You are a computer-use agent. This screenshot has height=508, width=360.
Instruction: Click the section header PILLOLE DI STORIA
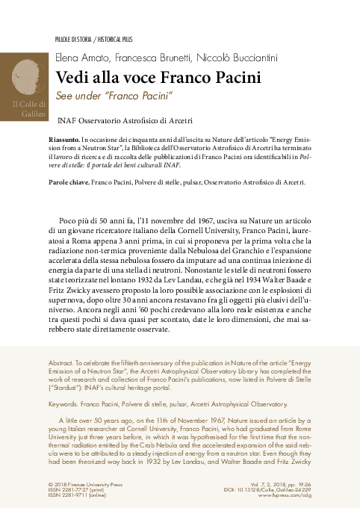(x=75, y=36)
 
